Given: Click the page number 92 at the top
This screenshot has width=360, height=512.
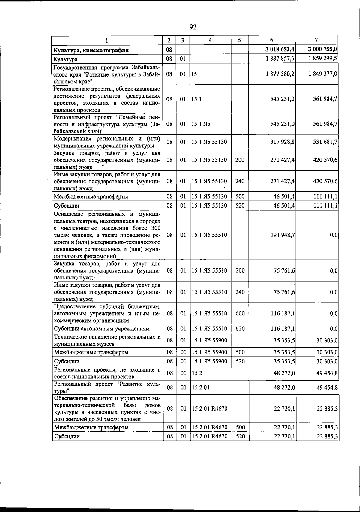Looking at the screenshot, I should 193,27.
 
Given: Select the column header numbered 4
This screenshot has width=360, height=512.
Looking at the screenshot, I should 210,40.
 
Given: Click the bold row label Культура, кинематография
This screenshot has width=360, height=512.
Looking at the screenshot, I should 91,50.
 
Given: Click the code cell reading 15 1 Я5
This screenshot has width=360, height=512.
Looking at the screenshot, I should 201,124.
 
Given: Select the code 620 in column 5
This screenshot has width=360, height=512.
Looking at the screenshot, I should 240,329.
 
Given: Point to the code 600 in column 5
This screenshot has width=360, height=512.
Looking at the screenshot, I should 240,313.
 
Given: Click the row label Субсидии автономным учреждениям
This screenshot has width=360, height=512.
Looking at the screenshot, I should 101,329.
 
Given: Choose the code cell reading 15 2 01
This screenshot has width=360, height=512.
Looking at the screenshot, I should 201,387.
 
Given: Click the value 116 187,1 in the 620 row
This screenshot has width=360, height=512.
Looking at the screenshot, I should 283,329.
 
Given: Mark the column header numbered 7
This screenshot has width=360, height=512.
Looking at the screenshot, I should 316,40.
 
